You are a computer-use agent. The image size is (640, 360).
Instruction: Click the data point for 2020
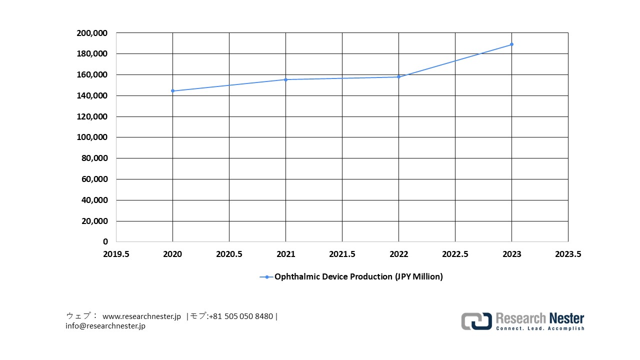[x=172, y=91]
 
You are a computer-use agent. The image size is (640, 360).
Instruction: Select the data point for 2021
[x=285, y=79]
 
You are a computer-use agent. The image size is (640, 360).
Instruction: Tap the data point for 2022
[x=398, y=77]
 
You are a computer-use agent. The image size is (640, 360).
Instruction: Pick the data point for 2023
[x=511, y=44]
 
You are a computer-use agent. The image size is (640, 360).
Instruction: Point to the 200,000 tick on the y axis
[x=92, y=33]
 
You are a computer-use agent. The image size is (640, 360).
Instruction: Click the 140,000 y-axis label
[x=92, y=95]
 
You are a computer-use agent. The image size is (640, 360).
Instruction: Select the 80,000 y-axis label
[x=94, y=158]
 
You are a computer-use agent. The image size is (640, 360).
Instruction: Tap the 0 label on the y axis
[x=105, y=242]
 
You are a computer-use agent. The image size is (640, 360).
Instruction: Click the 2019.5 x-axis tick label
[x=116, y=254]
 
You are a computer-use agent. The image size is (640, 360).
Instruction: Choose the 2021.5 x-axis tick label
[x=342, y=254]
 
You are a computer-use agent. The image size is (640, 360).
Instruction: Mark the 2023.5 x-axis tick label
[x=568, y=254]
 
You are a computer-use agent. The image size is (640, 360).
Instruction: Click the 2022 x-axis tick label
[x=398, y=254]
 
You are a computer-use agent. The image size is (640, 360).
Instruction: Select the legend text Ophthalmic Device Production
[x=358, y=276]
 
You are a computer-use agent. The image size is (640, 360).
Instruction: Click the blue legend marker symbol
[x=266, y=276]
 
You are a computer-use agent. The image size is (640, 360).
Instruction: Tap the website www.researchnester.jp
[x=141, y=316]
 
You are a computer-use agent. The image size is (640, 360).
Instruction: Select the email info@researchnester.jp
[x=105, y=326]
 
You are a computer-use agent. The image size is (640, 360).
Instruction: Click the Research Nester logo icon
[x=476, y=321]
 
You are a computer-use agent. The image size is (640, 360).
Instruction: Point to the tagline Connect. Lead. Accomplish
[x=539, y=328]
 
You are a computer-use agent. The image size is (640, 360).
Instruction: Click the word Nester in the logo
[x=566, y=318]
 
